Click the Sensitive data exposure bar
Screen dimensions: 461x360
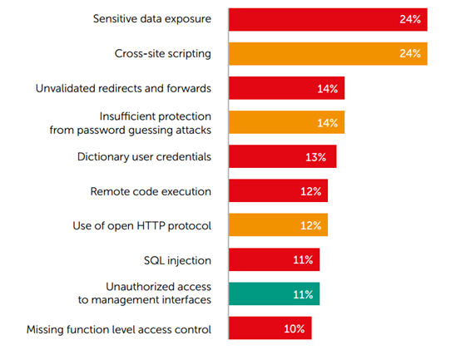328,19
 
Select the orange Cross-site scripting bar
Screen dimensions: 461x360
328,54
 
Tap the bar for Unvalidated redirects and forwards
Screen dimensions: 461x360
286,88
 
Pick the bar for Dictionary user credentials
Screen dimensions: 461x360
283,156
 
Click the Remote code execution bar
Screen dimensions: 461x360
279,190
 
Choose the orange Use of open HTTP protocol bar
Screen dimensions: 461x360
279,225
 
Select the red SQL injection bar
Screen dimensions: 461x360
275,259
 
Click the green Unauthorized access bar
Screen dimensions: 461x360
275,294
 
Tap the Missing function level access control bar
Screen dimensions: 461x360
270,328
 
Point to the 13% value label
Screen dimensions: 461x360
315,157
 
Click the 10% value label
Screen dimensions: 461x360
294,329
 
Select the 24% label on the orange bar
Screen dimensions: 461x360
410,54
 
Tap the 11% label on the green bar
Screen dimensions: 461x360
303,294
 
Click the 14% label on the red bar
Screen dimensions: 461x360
327,89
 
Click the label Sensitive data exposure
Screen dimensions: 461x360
152,19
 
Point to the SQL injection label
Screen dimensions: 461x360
177,261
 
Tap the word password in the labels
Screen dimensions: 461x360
102,131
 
